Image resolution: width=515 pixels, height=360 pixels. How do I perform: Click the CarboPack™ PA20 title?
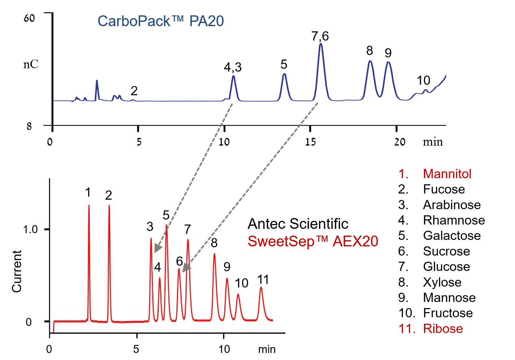click(x=160, y=21)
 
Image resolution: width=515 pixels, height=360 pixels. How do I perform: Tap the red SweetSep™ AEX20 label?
click(x=313, y=241)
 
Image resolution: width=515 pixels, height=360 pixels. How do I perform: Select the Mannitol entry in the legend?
click(x=447, y=174)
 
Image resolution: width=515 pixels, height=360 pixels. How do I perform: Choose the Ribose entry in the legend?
click(x=443, y=329)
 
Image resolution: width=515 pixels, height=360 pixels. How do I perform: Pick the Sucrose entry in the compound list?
click(x=446, y=251)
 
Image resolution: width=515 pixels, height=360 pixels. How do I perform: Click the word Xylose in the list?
click(x=442, y=282)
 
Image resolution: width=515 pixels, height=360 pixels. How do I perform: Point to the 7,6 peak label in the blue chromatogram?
click(x=320, y=36)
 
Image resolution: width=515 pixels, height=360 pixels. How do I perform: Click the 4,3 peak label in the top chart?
click(x=233, y=67)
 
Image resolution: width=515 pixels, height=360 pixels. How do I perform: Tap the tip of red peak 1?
click(x=89, y=205)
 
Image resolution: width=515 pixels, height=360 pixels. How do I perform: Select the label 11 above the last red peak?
click(x=263, y=280)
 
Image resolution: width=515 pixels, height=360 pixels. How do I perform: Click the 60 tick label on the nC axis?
click(x=29, y=18)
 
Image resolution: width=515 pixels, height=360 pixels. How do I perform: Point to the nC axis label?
click(x=31, y=65)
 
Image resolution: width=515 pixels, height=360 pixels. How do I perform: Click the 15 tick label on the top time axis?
click(x=311, y=142)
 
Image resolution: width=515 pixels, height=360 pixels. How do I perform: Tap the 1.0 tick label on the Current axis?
click(x=30, y=229)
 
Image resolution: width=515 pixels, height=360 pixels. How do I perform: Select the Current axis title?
click(x=17, y=271)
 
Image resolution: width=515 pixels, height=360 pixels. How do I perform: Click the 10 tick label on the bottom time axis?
click(x=224, y=349)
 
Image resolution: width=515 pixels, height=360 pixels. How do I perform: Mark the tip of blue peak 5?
click(x=284, y=74)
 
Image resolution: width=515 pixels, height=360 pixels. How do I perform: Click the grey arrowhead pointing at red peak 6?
click(x=186, y=268)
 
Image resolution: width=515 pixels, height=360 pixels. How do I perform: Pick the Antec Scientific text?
click(x=298, y=224)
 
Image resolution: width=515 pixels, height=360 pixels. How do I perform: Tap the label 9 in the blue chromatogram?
click(x=388, y=53)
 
